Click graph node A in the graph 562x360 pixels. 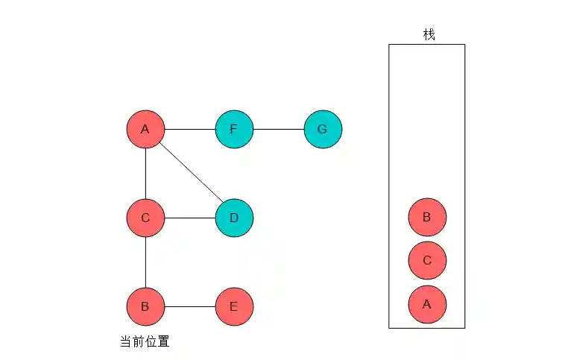pos(145,129)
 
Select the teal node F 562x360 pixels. pos(234,129)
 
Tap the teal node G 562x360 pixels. pos(323,129)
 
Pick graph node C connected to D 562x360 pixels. pos(145,218)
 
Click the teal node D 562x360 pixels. pos(234,218)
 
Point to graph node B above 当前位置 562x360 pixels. pos(145,306)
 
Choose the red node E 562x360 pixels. pos(234,306)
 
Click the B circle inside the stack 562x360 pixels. pos(427,218)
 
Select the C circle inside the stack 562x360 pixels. pos(427,260)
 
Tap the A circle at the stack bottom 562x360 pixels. pos(427,303)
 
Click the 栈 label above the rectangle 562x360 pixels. pos(429,34)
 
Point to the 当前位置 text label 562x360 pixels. pos(145,342)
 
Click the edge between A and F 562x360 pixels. pos(189,129)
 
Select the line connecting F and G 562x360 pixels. pos(278,129)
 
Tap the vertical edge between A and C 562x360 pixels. pos(145,173)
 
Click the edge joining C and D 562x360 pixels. pos(189,218)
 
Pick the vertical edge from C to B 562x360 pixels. pos(145,262)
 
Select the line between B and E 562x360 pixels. pos(189,306)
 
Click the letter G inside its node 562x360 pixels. pos(322,129)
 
